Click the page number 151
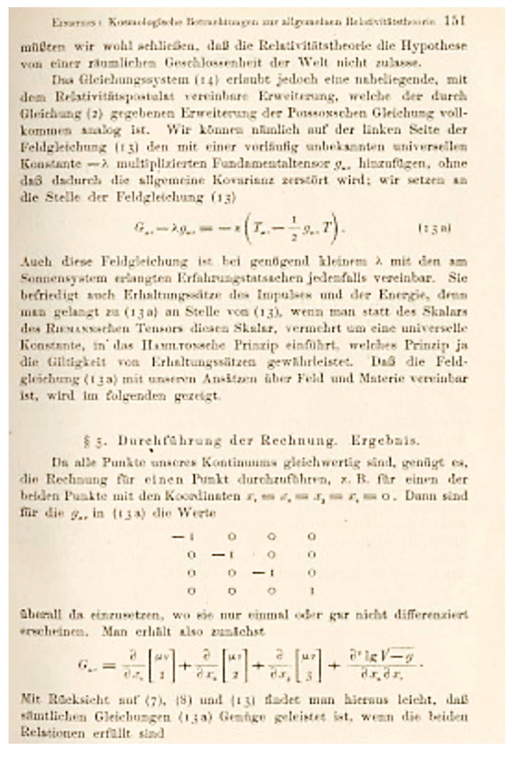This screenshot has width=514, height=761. [x=455, y=22]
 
